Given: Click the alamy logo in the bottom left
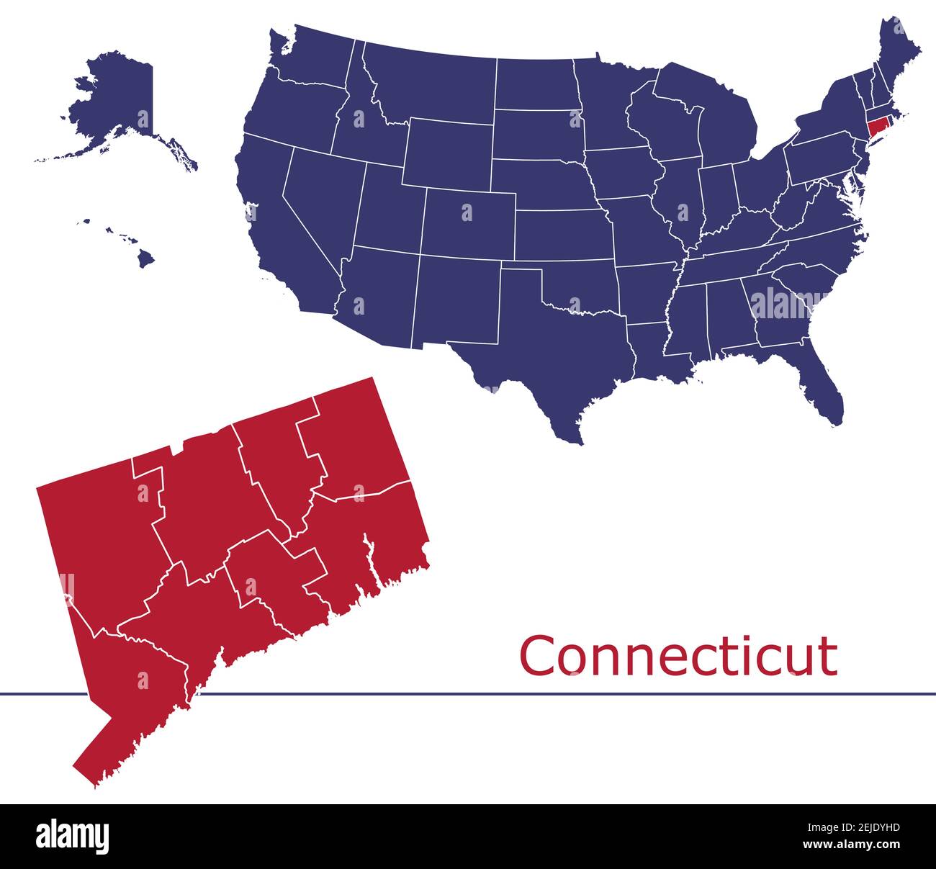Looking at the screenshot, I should click(73, 836).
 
